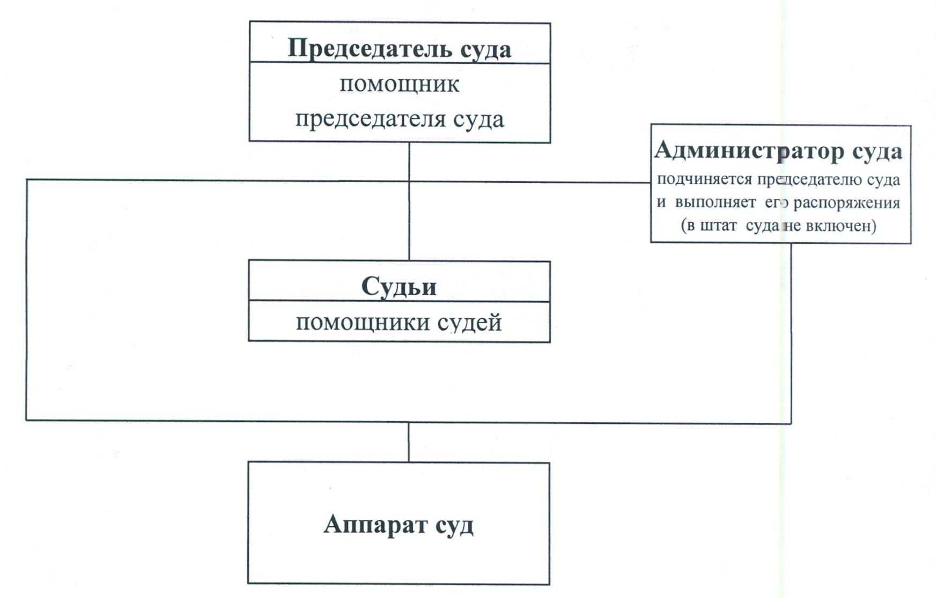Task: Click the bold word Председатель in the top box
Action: tap(362, 48)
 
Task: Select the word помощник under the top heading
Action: tap(400, 85)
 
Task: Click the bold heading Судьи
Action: tap(399, 286)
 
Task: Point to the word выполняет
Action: tap(715, 203)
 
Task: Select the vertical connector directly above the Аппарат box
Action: tap(409, 442)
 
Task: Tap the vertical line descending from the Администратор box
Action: tap(791, 332)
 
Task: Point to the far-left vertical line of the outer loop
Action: tap(26, 300)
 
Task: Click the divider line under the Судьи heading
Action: tap(399, 301)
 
